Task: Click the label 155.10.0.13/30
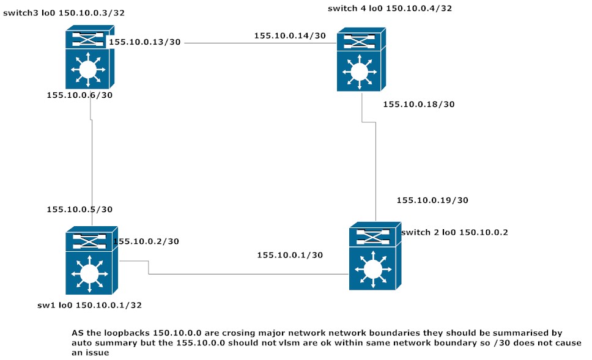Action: (x=145, y=42)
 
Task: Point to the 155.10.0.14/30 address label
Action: (x=290, y=36)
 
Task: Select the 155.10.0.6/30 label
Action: (x=80, y=95)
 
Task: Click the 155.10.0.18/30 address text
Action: (x=418, y=105)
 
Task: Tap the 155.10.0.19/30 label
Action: (x=432, y=200)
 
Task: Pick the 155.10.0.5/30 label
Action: (x=80, y=210)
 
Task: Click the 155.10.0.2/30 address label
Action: (x=147, y=241)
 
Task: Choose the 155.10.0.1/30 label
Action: (x=290, y=255)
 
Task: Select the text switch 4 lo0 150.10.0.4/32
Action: (x=390, y=8)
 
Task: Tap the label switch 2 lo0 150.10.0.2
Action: (x=454, y=232)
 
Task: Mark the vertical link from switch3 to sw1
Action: (x=92, y=159)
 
